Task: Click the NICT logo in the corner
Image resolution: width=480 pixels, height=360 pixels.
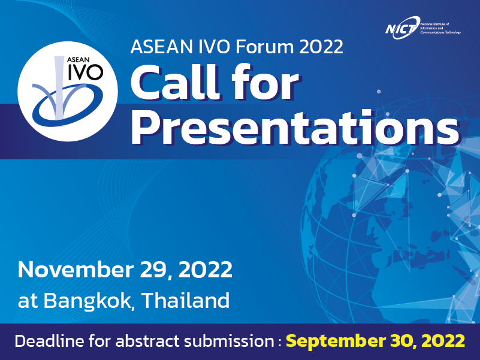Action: coord(423,28)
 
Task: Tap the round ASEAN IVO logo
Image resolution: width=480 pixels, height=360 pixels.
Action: coord(68,91)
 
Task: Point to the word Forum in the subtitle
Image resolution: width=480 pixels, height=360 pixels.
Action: coord(265,47)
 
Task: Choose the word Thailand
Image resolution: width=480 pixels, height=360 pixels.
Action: coord(186,300)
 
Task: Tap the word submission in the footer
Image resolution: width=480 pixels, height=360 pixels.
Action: coord(228,341)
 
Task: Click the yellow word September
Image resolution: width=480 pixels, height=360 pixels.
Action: coord(336,341)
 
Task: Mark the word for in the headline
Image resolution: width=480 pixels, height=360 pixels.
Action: coord(265,83)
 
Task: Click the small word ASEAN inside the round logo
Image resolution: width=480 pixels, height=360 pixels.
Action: coord(78,60)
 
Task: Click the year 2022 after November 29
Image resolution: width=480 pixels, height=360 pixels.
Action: coord(206,270)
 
